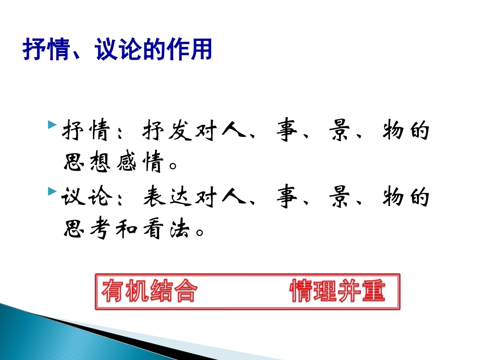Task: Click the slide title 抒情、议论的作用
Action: point(117,51)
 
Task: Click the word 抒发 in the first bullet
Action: point(160,131)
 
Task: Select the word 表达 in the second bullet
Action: point(160,197)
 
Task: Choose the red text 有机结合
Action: point(150,291)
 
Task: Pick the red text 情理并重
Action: point(337,291)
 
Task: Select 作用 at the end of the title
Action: point(194,51)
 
